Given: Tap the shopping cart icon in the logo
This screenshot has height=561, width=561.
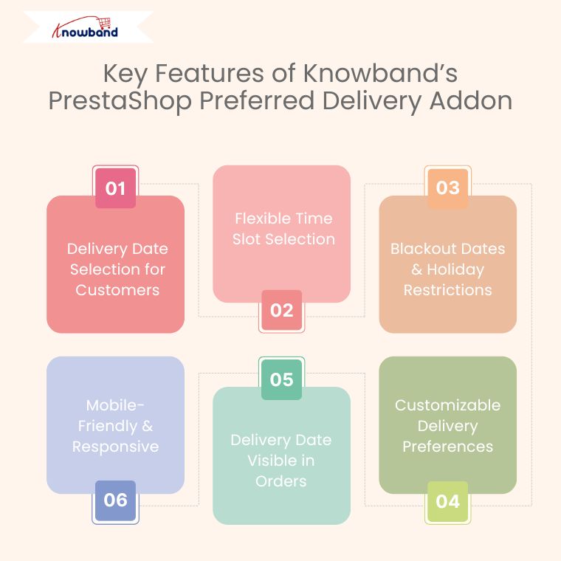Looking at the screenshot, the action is click(105, 23).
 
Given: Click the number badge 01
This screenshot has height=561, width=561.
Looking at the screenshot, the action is click(116, 188).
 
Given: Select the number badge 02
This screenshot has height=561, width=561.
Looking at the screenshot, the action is click(281, 310).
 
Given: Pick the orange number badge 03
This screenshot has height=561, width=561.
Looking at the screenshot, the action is click(448, 188).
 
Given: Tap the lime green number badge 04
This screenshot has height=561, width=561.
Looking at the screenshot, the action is click(448, 501).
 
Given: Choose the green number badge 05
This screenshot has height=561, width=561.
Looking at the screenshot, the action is click(281, 379).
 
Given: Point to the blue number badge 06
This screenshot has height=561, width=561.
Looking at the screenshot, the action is click(116, 500).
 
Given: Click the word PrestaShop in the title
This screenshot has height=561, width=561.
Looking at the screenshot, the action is click(120, 101).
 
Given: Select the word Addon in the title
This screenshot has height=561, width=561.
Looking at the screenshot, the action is click(471, 100).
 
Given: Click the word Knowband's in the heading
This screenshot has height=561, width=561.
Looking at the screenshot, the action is click(381, 73).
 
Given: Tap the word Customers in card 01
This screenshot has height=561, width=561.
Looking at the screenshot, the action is click(117, 290).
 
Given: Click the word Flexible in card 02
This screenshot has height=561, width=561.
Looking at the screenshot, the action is click(257, 218).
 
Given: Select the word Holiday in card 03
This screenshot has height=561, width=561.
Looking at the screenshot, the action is click(455, 269).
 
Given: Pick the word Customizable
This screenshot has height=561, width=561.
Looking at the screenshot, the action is click(447, 405).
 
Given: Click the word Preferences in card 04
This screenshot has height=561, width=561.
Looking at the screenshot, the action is click(447, 447).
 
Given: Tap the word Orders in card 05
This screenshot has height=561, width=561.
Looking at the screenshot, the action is click(281, 481).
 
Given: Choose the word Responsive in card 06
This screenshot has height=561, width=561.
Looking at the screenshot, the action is click(116, 447).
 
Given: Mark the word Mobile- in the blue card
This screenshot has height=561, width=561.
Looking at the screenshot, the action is click(115, 405).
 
